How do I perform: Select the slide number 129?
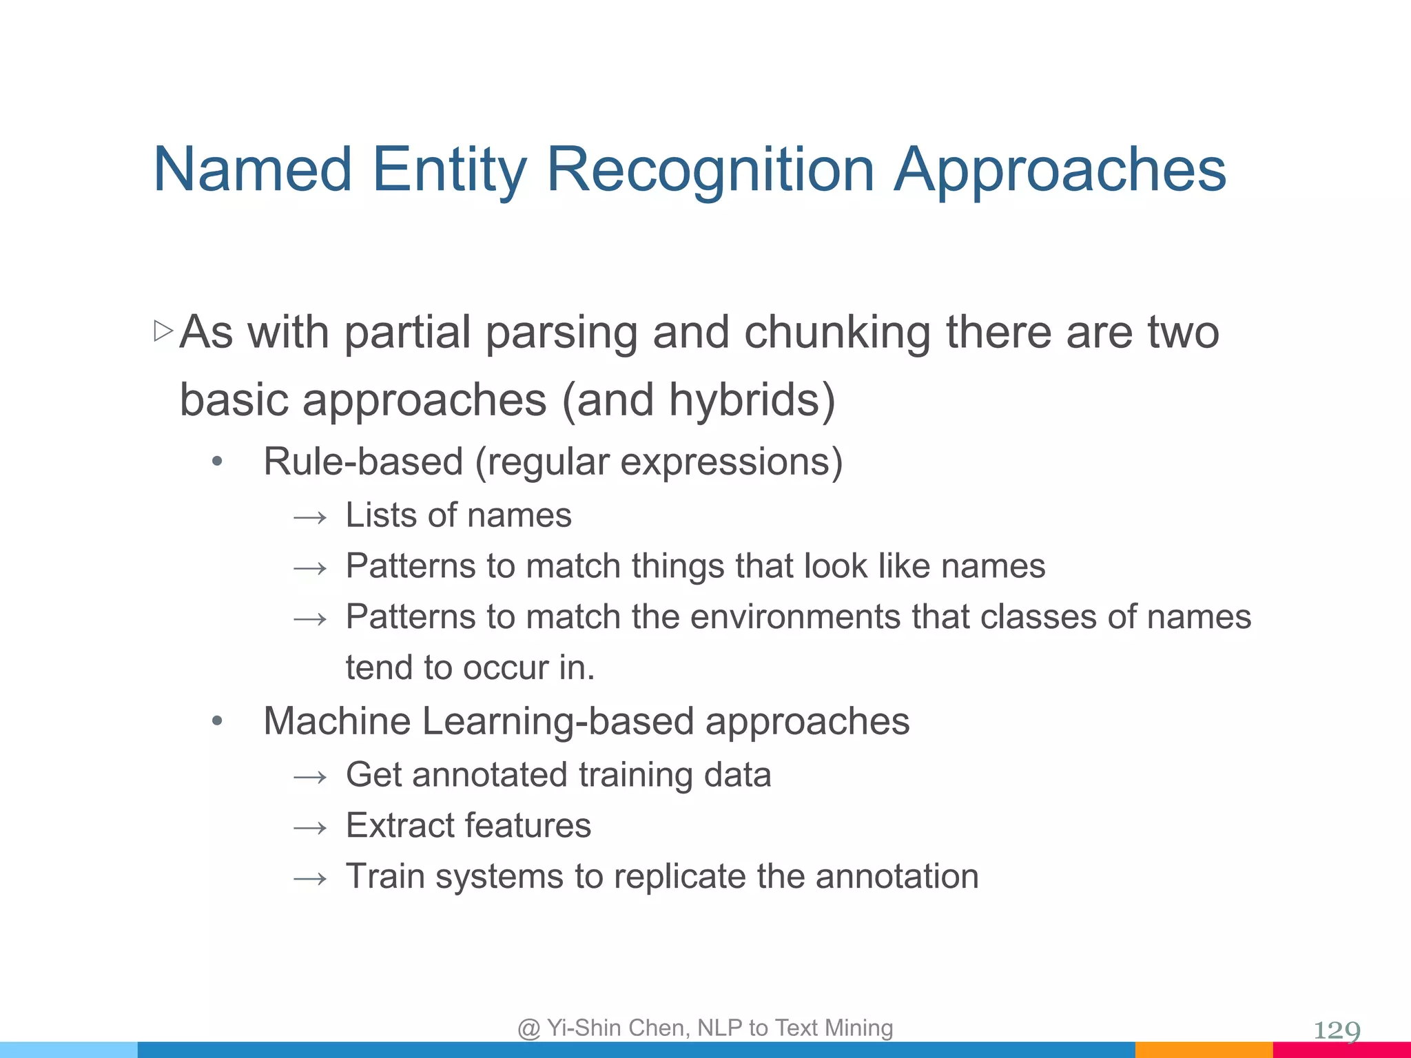pyautogui.click(x=1337, y=1030)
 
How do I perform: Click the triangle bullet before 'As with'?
pyautogui.click(x=163, y=331)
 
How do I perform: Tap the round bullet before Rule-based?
pyautogui.click(x=217, y=461)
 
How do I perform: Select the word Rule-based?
pyautogui.click(x=363, y=461)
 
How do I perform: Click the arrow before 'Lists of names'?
pyautogui.click(x=310, y=517)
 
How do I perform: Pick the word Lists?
pyautogui.click(x=380, y=515)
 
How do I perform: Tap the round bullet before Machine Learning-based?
pyautogui.click(x=217, y=721)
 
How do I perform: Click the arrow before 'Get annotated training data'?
pyautogui.click(x=310, y=777)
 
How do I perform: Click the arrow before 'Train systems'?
pyautogui.click(x=310, y=878)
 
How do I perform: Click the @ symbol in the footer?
pyautogui.click(x=529, y=1028)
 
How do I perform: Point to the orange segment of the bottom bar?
pyautogui.click(x=1204, y=1050)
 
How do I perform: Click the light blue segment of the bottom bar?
pyautogui.click(x=69, y=1050)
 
